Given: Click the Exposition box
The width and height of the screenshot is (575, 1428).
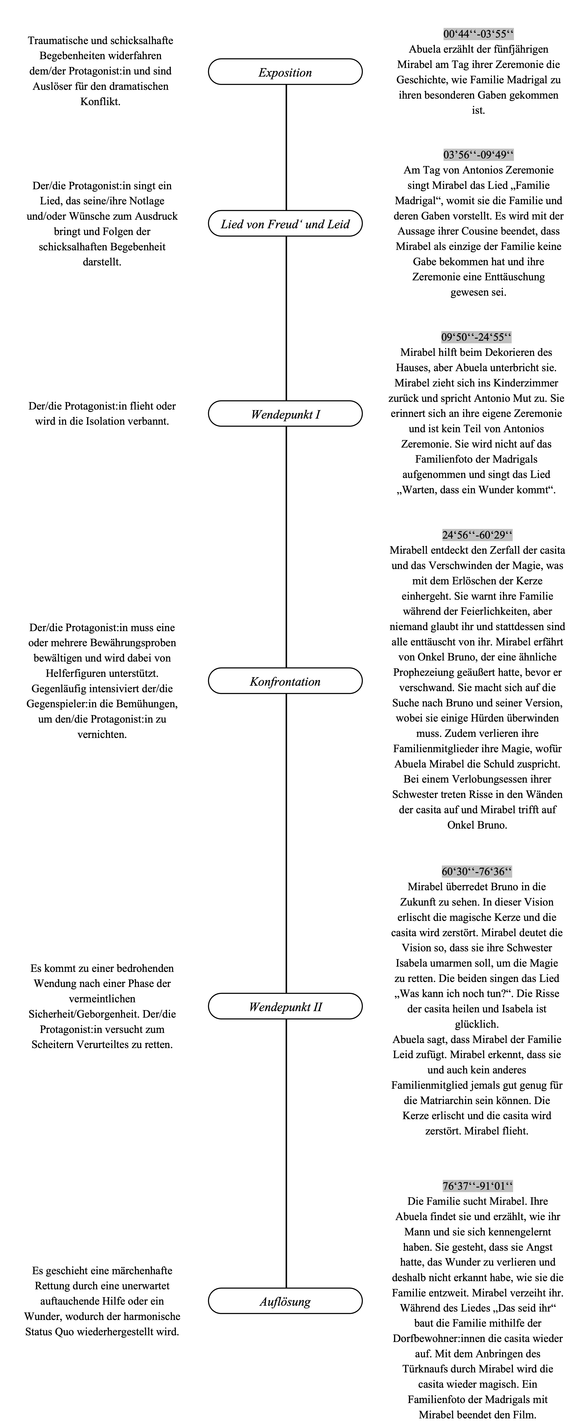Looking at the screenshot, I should (x=285, y=72).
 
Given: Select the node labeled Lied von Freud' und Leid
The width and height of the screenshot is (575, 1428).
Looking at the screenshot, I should (x=285, y=224).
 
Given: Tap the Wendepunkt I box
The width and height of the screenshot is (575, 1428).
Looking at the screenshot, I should (x=285, y=414).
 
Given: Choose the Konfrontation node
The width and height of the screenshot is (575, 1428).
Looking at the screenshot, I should (x=285, y=681).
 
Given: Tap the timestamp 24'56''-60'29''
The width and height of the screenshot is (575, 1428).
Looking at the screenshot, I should (x=477, y=535).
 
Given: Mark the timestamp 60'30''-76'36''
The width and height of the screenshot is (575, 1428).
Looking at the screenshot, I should (x=477, y=871).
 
